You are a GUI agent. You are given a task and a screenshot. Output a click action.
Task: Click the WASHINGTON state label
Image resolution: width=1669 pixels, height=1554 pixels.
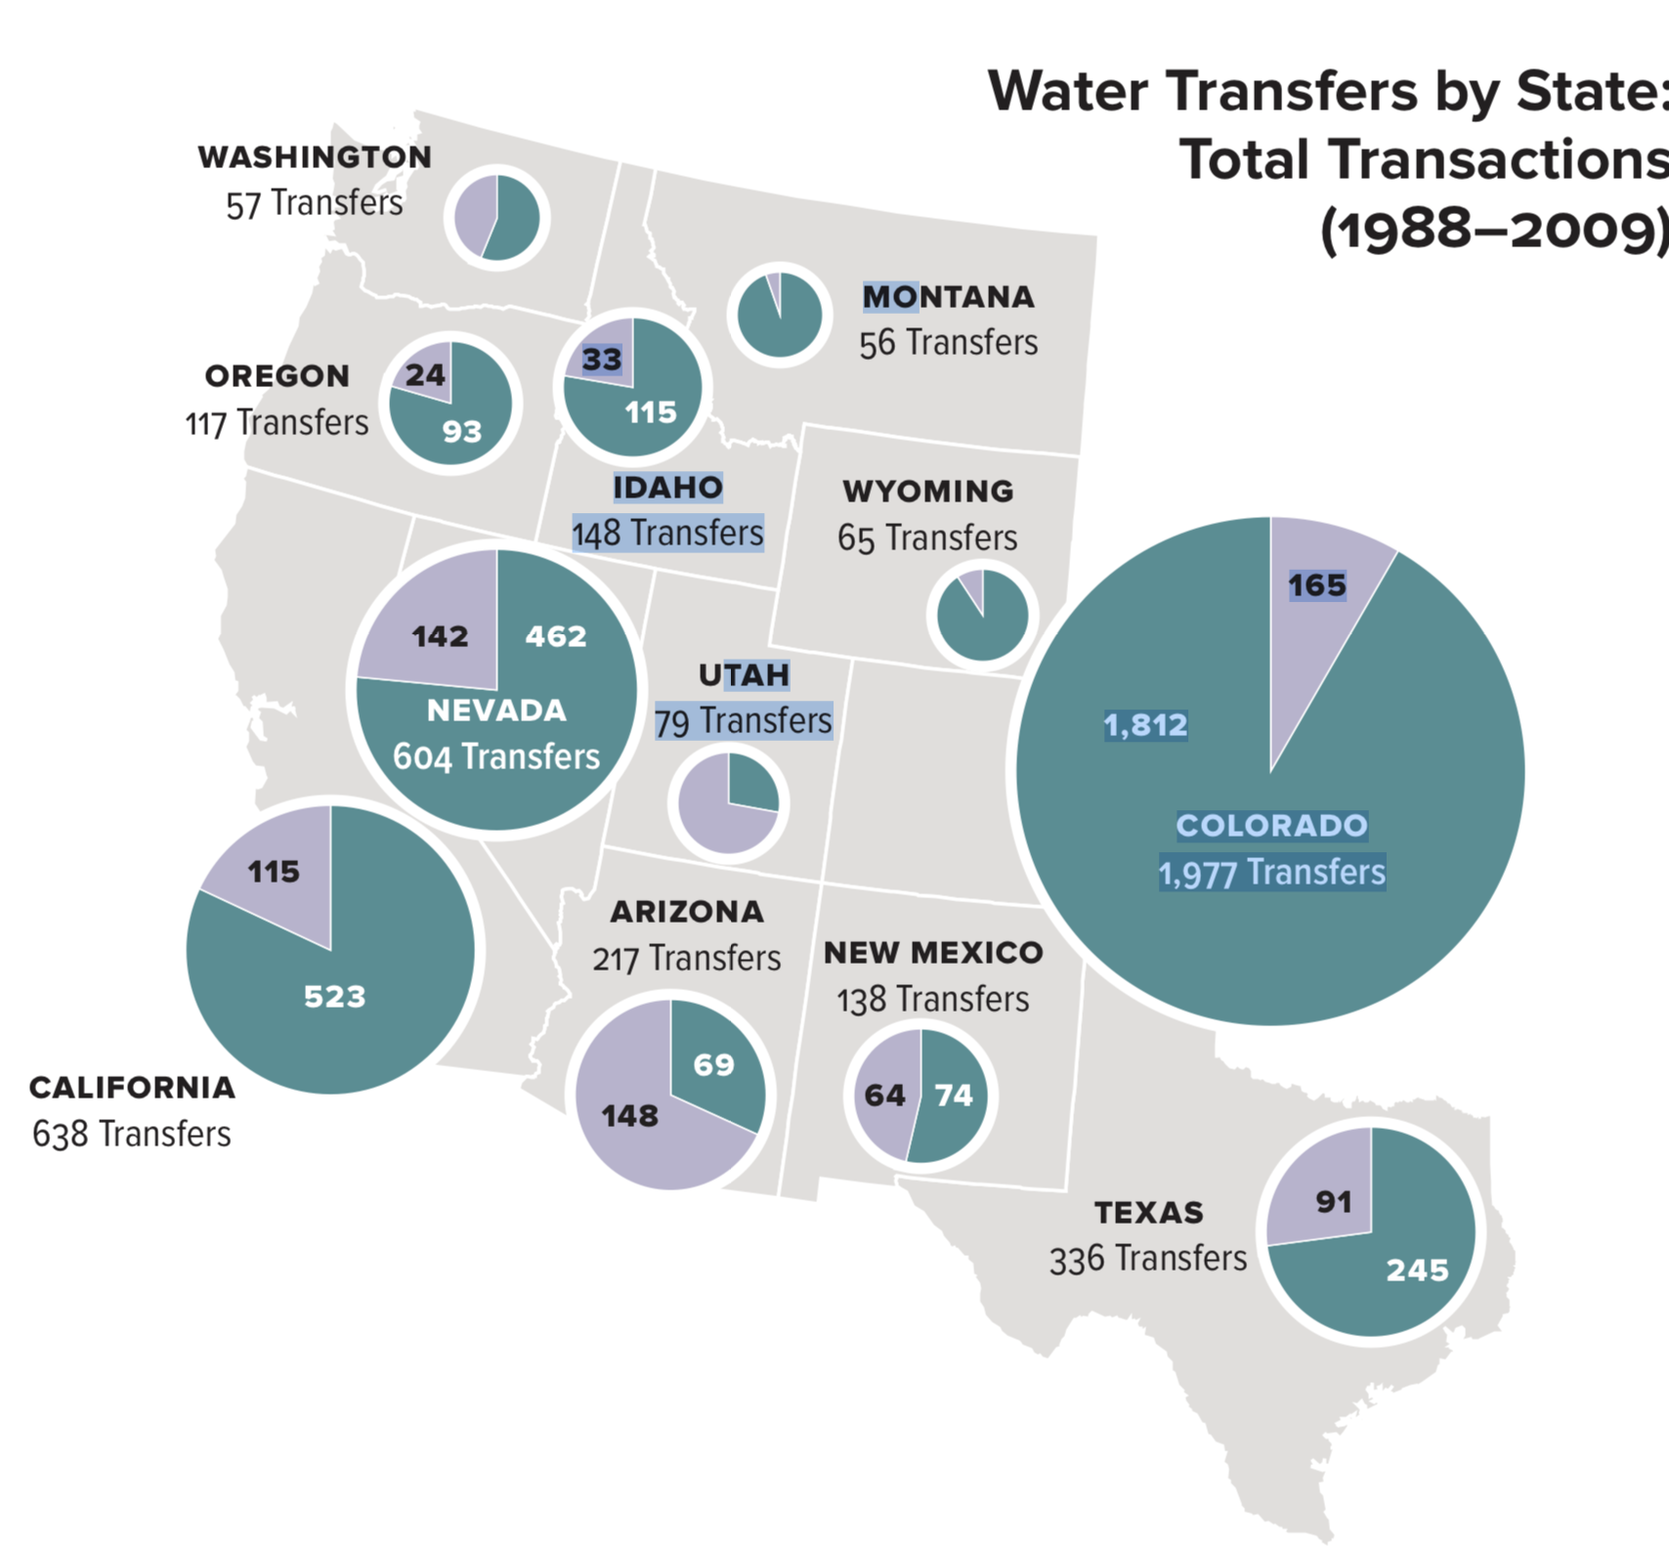315,156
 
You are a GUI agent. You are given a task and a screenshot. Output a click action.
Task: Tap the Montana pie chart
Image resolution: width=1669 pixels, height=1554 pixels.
779,315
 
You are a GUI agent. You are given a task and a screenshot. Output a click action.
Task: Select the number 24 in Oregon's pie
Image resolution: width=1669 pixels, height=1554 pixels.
425,374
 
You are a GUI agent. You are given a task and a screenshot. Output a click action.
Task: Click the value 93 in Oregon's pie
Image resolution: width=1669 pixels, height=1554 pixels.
462,431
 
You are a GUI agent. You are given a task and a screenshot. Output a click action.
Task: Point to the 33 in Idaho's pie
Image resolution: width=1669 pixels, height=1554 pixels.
602,360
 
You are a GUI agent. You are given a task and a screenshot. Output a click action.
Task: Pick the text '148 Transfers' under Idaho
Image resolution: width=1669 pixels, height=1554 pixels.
667,534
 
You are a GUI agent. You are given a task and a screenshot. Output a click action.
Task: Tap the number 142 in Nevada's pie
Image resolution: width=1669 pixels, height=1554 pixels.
440,636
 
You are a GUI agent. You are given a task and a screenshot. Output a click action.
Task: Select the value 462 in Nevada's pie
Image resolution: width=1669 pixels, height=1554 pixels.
556,636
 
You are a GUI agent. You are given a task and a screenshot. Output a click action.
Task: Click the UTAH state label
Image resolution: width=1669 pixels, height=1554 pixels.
744,674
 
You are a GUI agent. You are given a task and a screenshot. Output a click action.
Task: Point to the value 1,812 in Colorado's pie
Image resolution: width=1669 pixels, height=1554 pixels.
1145,725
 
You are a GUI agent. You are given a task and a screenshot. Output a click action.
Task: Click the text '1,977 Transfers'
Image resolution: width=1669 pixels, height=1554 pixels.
1271,873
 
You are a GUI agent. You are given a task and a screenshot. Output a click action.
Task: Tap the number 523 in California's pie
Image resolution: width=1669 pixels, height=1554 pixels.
334,996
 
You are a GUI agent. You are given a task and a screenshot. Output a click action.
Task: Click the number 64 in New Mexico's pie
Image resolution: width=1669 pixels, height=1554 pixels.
884,1095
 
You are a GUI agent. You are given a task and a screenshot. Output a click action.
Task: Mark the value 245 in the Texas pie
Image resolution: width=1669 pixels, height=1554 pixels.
1417,1270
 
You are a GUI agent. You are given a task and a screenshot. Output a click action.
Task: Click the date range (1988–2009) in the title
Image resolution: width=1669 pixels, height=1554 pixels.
1493,231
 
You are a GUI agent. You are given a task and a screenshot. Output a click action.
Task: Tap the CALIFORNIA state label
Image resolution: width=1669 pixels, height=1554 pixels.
132,1087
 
